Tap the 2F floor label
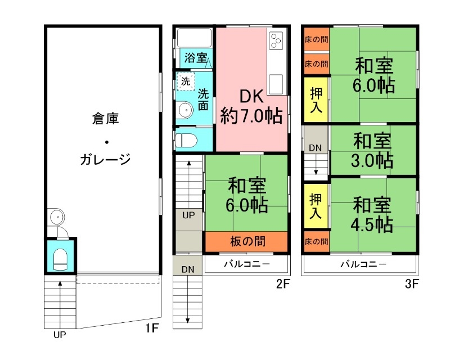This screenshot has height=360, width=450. pyautogui.click(x=282, y=284)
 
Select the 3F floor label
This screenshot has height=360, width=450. pyautogui.click(x=412, y=284)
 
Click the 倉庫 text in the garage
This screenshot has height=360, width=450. pyautogui.click(x=105, y=119)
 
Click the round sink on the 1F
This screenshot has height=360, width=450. pyautogui.click(x=56, y=216)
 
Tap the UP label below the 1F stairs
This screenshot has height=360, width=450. pyautogui.click(x=59, y=336)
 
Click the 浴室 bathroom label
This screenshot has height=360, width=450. pyautogui.click(x=196, y=58)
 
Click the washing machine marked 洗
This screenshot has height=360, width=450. pyautogui.click(x=185, y=80)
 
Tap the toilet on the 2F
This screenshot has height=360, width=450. pyautogui.click(x=185, y=139)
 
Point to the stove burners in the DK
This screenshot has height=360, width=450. pyautogui.click(x=276, y=40)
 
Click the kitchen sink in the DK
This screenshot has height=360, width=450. pyautogui.click(x=276, y=84)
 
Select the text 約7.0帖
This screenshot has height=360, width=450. pyautogui.click(x=251, y=116)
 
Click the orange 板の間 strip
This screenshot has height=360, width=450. pyautogui.click(x=247, y=241)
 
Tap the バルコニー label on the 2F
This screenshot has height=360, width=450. pyautogui.click(x=247, y=264)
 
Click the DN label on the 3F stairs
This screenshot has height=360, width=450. pyautogui.click(x=316, y=147)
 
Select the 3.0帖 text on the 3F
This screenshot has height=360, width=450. pyautogui.click(x=373, y=160)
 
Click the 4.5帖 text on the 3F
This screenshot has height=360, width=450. pyautogui.click(x=372, y=224)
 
